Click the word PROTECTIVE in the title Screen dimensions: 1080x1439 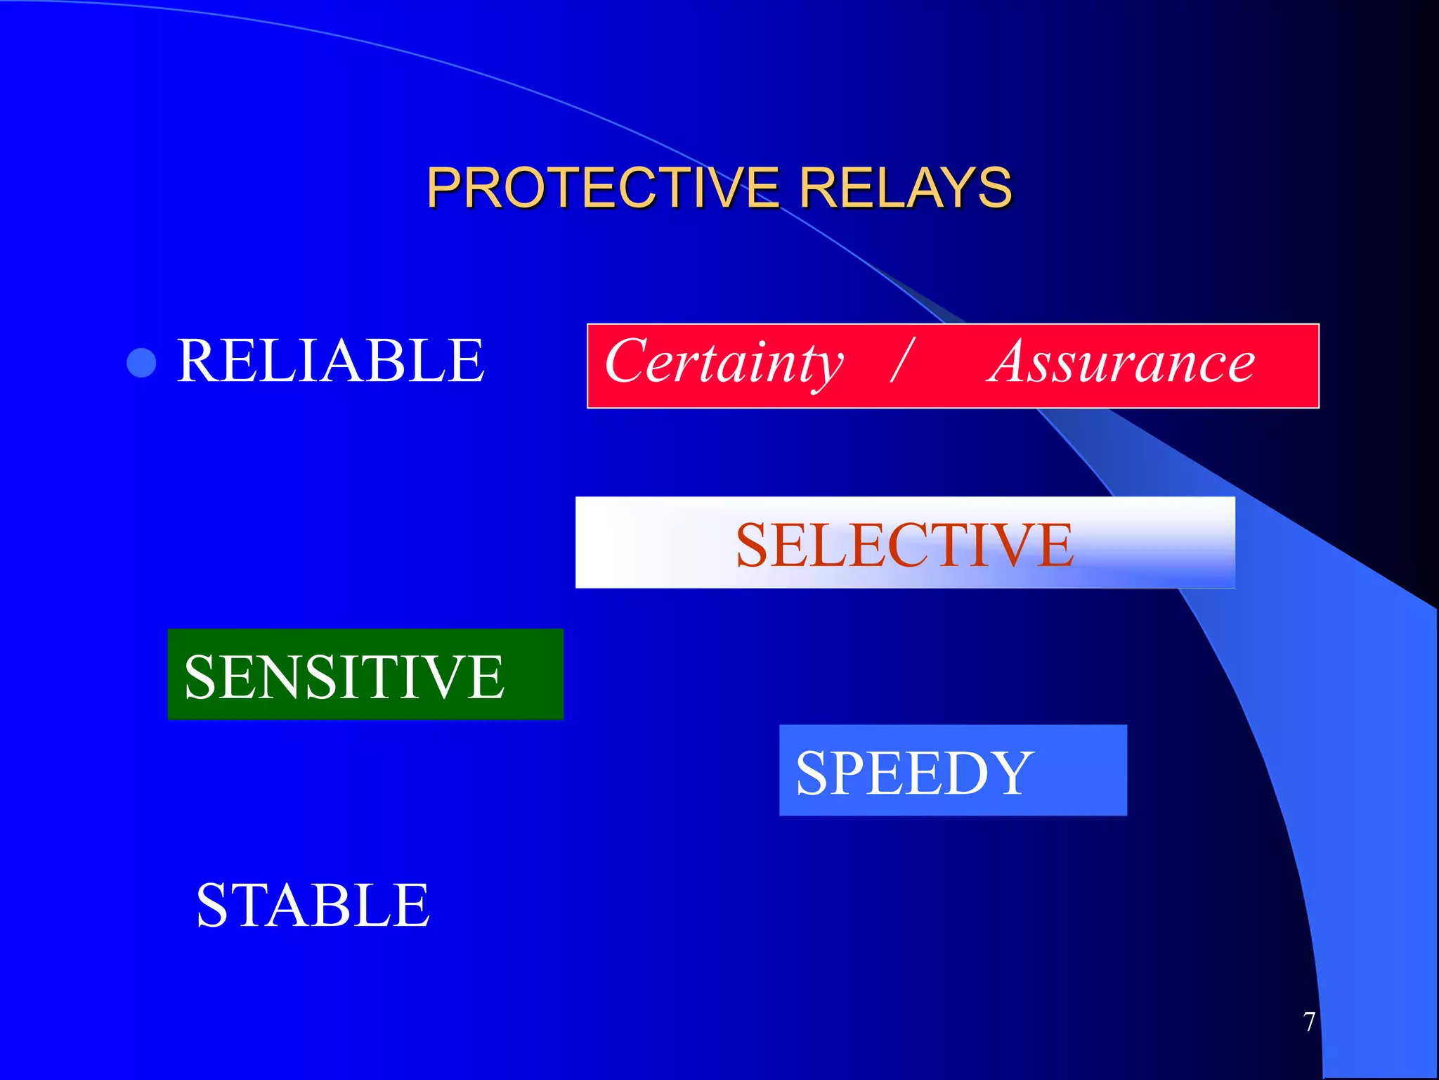pos(602,188)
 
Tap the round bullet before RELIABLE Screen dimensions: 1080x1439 pos(141,363)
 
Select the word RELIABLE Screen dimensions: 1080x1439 pos(330,361)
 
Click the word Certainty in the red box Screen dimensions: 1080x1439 pos(724,363)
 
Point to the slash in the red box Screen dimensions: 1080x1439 pos(902,360)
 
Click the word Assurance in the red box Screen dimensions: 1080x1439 pos(1121,363)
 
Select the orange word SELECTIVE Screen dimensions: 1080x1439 pos(904,545)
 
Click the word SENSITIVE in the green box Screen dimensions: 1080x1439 pos(344,676)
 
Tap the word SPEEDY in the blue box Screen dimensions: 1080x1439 pos(914,773)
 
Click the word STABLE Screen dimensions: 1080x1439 pos(313,906)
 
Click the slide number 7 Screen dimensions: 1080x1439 pos(1309,1022)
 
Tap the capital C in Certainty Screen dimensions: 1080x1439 pos(627,361)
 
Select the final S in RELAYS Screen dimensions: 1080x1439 pos(994,188)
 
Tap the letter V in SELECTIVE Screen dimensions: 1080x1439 pos(1008,545)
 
